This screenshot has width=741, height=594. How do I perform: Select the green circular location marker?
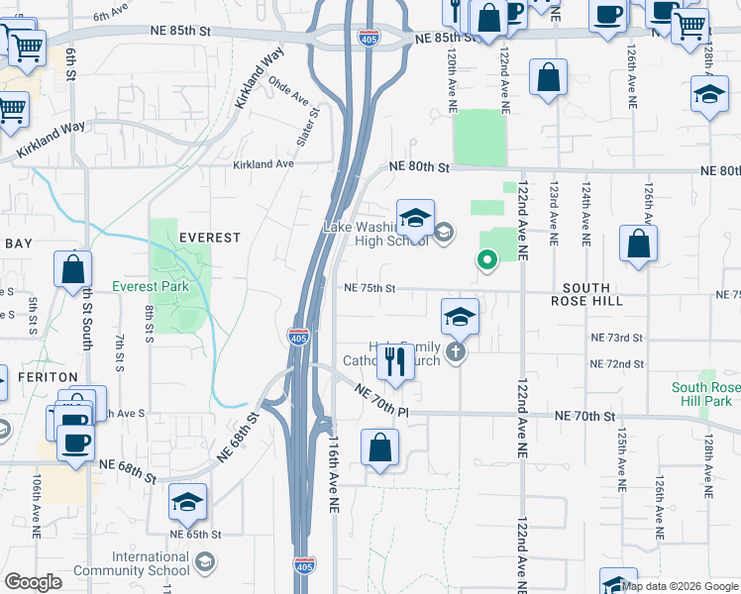click(x=486, y=260)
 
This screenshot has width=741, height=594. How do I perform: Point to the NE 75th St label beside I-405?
click(x=370, y=288)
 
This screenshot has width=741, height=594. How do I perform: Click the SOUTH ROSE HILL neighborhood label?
click(x=586, y=294)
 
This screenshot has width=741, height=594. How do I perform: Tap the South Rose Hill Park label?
click(x=700, y=394)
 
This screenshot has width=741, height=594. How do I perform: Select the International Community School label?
click(x=151, y=563)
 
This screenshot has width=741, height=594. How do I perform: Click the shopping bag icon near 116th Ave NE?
click(x=380, y=447)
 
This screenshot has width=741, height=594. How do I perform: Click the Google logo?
click(x=33, y=582)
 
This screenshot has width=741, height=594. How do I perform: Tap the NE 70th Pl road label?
click(x=382, y=402)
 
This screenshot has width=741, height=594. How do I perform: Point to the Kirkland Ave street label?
click(x=264, y=163)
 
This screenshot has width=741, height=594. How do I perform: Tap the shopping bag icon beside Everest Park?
click(x=73, y=269)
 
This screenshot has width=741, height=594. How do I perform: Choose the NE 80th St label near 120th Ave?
click(x=420, y=167)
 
